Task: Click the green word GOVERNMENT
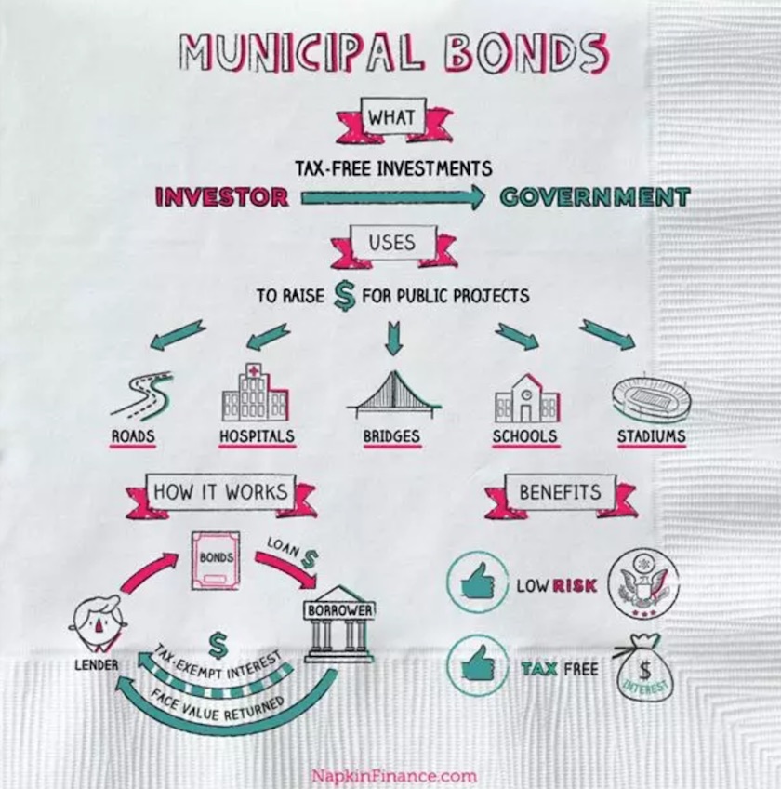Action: tap(595, 197)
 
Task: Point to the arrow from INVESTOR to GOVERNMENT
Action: tap(392, 197)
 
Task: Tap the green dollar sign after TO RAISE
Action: tap(345, 296)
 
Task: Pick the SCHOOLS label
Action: tap(525, 436)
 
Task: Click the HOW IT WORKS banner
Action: tap(221, 492)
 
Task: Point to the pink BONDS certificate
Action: tap(215, 561)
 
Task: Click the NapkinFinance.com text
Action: tap(393, 775)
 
